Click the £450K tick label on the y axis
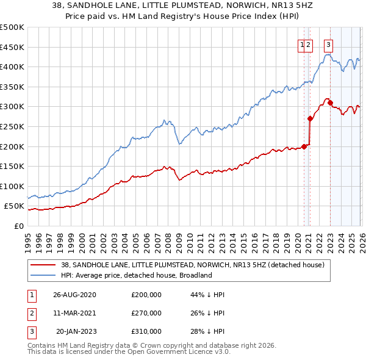(x=12, y=47)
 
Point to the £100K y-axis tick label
(x=12, y=186)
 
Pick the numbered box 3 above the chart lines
(x=329, y=44)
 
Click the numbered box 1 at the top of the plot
(x=302, y=44)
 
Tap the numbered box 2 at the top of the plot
(x=309, y=44)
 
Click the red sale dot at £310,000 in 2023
(x=330, y=103)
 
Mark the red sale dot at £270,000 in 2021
(x=310, y=119)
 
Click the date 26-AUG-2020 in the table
(x=74, y=295)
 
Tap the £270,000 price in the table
(x=146, y=313)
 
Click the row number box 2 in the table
(x=31, y=313)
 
